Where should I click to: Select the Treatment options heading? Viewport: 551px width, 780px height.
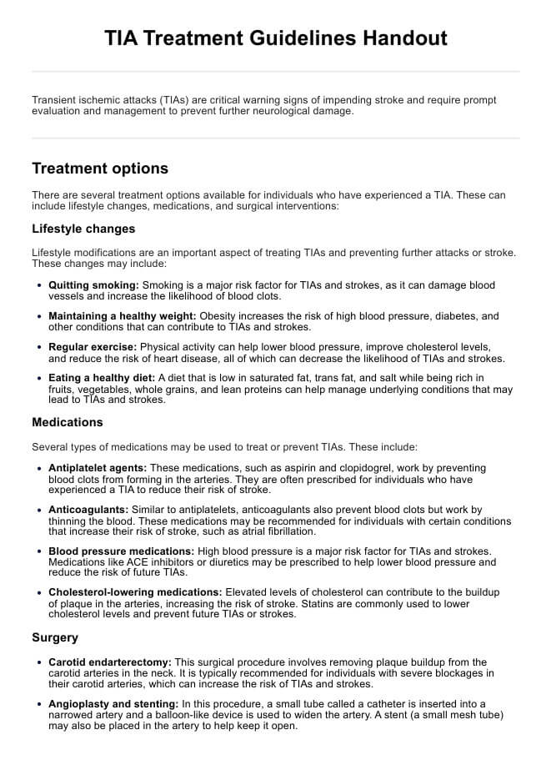(100, 169)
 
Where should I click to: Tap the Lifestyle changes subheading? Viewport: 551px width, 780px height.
(83, 229)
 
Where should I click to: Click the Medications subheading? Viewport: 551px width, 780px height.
(68, 422)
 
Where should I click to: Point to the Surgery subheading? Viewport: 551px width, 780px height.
(55, 637)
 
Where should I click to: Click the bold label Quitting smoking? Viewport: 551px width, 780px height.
(94, 285)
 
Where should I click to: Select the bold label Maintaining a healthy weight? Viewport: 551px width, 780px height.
(123, 316)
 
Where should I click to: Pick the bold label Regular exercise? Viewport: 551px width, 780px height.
(93, 346)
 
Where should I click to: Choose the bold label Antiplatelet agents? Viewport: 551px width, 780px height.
(98, 468)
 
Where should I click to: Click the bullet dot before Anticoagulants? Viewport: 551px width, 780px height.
(40, 510)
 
